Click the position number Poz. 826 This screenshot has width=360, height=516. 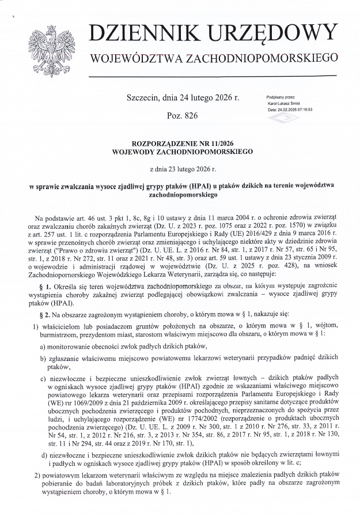[181, 116]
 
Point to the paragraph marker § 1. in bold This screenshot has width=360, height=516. [48, 286]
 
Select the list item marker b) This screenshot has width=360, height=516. [43, 358]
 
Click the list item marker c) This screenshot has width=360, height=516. [43, 378]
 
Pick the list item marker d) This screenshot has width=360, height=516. [43, 455]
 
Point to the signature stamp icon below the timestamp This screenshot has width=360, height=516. [283, 119]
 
